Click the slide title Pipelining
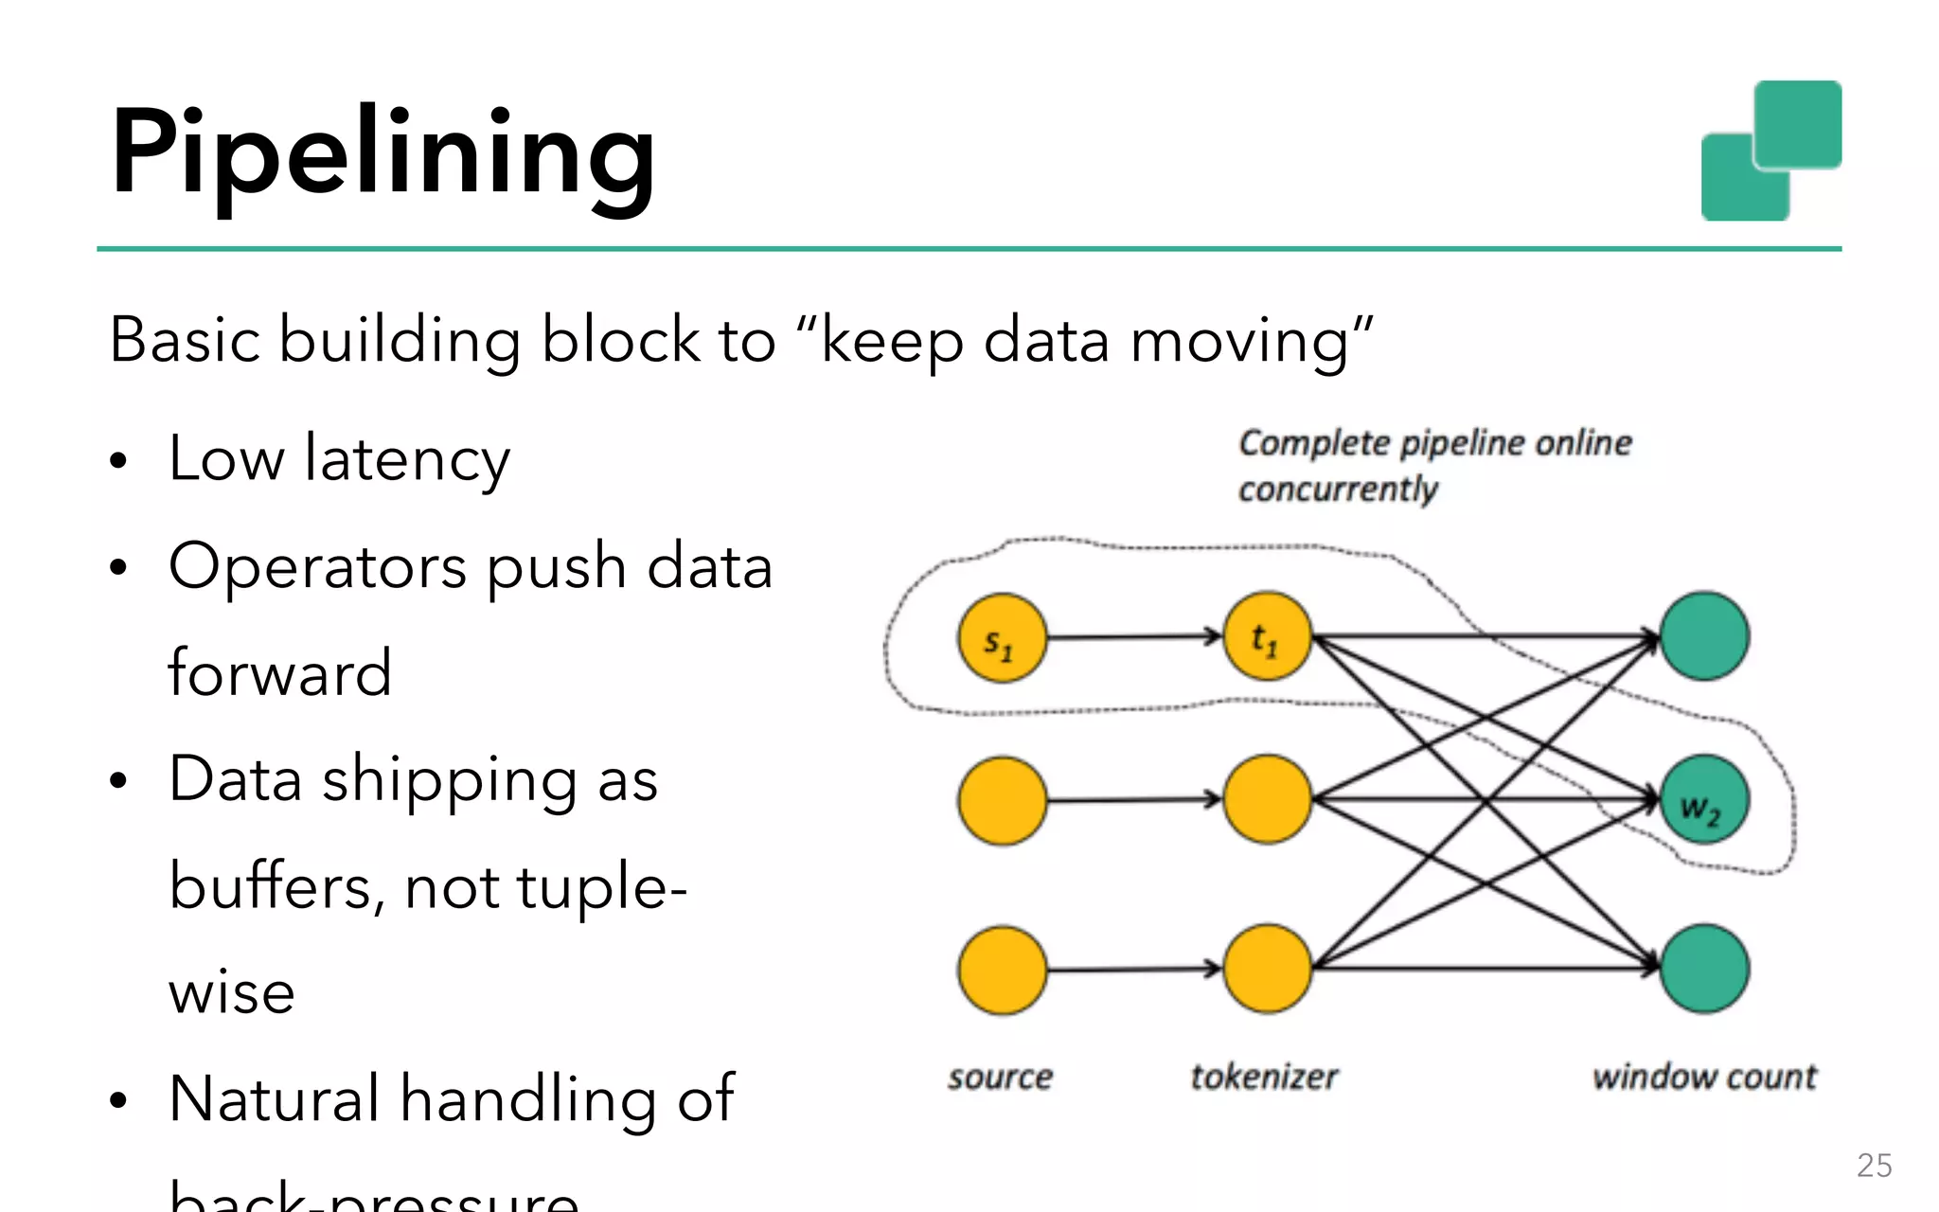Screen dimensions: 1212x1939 click(x=382, y=151)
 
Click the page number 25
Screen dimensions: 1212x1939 click(x=1874, y=1166)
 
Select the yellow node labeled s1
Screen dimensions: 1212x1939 click(x=1002, y=638)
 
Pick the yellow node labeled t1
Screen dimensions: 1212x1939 click(x=1267, y=636)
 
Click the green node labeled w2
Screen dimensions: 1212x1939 click(x=1704, y=800)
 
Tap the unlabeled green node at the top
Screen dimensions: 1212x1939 click(x=1704, y=636)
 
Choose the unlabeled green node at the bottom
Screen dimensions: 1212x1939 click(x=1704, y=969)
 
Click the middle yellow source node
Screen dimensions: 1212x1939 click(x=1002, y=800)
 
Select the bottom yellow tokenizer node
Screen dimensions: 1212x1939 click(x=1267, y=969)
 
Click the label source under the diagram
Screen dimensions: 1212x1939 click(x=1000, y=1077)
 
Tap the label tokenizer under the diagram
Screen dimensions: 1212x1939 click(x=1264, y=1077)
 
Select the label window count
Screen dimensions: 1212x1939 click(x=1704, y=1077)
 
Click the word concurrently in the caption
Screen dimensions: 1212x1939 click(x=1338, y=490)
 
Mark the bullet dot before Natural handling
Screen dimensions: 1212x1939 click(x=117, y=1100)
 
